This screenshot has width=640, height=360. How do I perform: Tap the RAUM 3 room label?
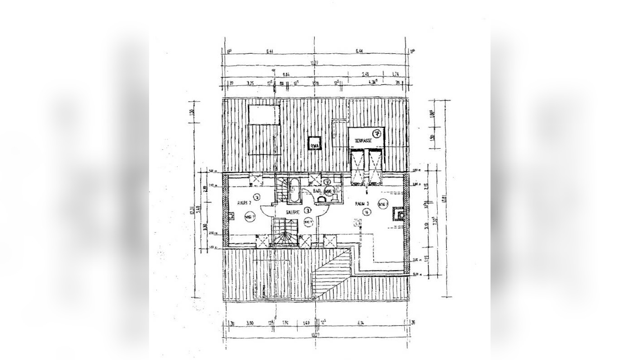(x=362, y=204)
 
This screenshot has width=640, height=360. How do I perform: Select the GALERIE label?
(x=293, y=211)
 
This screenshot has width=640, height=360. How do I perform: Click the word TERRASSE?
(x=363, y=141)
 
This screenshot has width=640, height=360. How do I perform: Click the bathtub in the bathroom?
(x=294, y=191)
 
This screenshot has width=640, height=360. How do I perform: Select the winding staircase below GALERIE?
(x=285, y=233)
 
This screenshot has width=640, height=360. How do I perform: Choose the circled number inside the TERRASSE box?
(x=376, y=133)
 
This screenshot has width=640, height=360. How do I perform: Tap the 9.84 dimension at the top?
(x=286, y=75)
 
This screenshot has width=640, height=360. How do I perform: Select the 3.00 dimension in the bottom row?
(x=249, y=323)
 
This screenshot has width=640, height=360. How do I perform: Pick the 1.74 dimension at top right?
(x=395, y=75)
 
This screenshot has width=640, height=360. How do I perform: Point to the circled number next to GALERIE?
(x=307, y=210)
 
